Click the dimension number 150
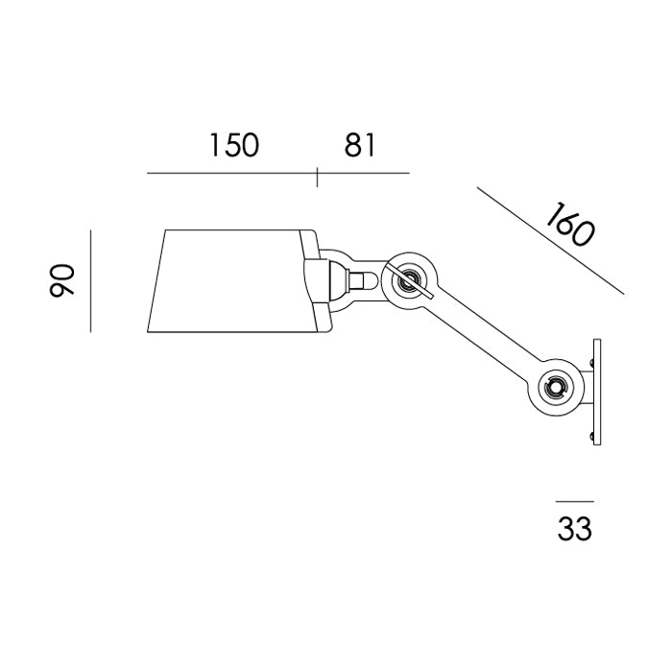234,145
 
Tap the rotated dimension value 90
62,280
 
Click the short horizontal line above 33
574,501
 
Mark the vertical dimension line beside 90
90,280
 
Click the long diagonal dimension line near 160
549,240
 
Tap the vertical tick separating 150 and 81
318,175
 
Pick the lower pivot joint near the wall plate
554,387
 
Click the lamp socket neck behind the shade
357,281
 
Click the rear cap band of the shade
309,280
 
